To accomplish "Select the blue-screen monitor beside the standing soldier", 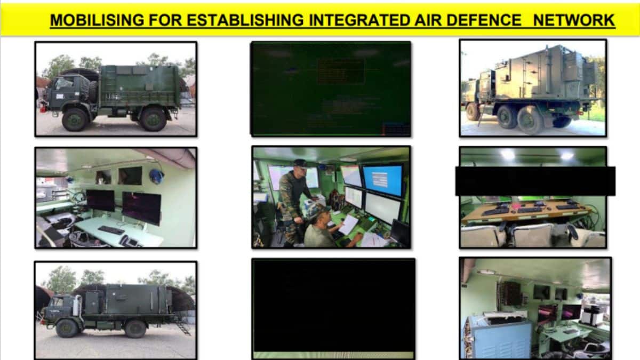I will click(x=383, y=180).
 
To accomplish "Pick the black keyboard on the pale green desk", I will click(x=111, y=230).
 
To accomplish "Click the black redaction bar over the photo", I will click(x=535, y=181).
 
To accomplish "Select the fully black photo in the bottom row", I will click(x=333, y=304).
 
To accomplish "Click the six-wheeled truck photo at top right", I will click(x=533, y=88).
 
